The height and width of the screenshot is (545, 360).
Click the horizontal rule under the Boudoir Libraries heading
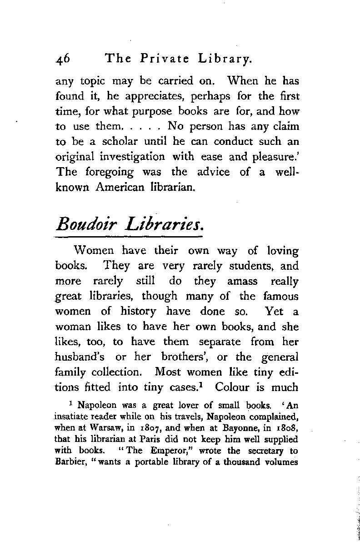(128, 237)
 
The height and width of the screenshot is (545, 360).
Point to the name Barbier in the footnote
(68, 463)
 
